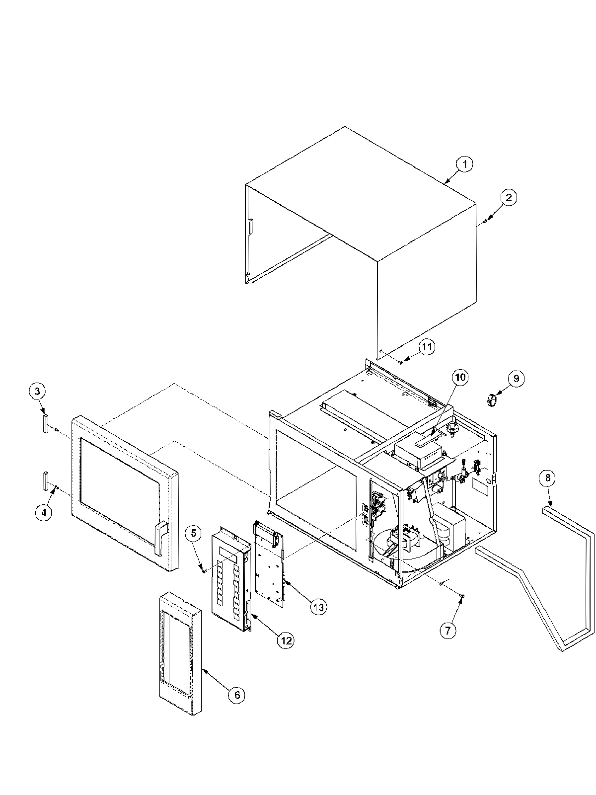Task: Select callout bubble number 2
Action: click(x=508, y=198)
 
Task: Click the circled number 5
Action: click(x=194, y=533)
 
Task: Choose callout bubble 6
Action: click(x=236, y=695)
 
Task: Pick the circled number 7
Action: click(x=447, y=631)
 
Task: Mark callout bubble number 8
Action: click(x=547, y=478)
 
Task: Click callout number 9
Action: click(x=516, y=379)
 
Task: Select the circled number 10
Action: click(x=460, y=378)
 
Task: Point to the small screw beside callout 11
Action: click(x=400, y=362)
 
